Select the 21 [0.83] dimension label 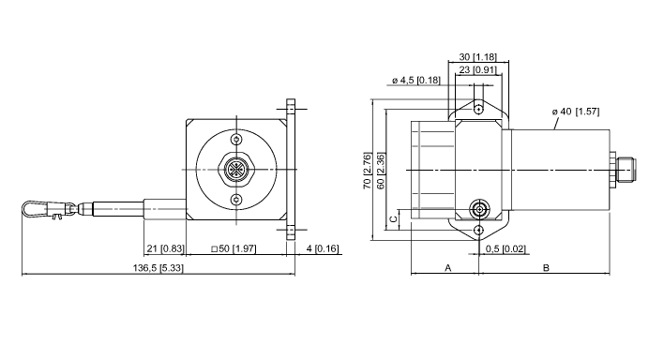click(x=165, y=248)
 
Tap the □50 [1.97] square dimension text click(x=235, y=248)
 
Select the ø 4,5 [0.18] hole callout click(x=415, y=81)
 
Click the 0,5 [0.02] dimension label click(x=506, y=248)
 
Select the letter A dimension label click(x=447, y=268)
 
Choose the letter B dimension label click(x=546, y=268)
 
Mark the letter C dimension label click(x=394, y=220)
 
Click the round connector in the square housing click(x=235, y=170)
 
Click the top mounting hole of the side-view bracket click(x=479, y=110)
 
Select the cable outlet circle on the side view click(x=479, y=208)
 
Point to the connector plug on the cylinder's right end click(x=626, y=170)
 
